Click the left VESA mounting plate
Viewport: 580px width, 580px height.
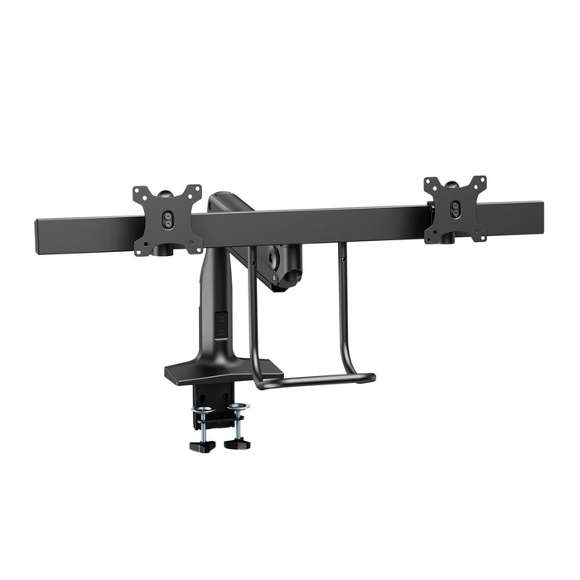tap(167, 220)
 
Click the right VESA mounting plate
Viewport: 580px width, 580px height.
tap(455, 209)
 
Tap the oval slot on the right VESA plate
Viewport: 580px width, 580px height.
tap(455, 210)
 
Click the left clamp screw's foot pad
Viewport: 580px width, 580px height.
tap(201, 446)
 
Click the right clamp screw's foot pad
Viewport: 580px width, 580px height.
tap(236, 443)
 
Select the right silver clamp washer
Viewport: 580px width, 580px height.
tap(238, 406)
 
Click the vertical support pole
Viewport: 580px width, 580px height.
tap(213, 298)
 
